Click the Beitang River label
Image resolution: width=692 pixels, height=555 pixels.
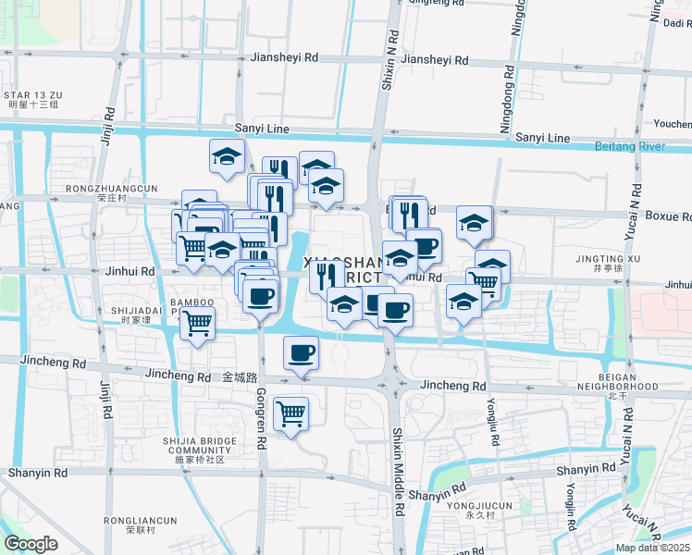[644, 146]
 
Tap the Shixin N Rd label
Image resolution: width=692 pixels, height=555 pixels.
[391, 59]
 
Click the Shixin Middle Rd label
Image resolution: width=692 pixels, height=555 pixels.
[399, 459]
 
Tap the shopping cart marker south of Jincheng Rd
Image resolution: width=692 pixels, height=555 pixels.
[291, 413]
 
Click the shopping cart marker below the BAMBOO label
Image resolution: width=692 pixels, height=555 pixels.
[197, 323]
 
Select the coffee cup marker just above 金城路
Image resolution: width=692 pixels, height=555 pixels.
[301, 352]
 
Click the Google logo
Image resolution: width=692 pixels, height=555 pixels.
[31, 544]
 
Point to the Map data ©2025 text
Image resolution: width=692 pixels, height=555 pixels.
[651, 548]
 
